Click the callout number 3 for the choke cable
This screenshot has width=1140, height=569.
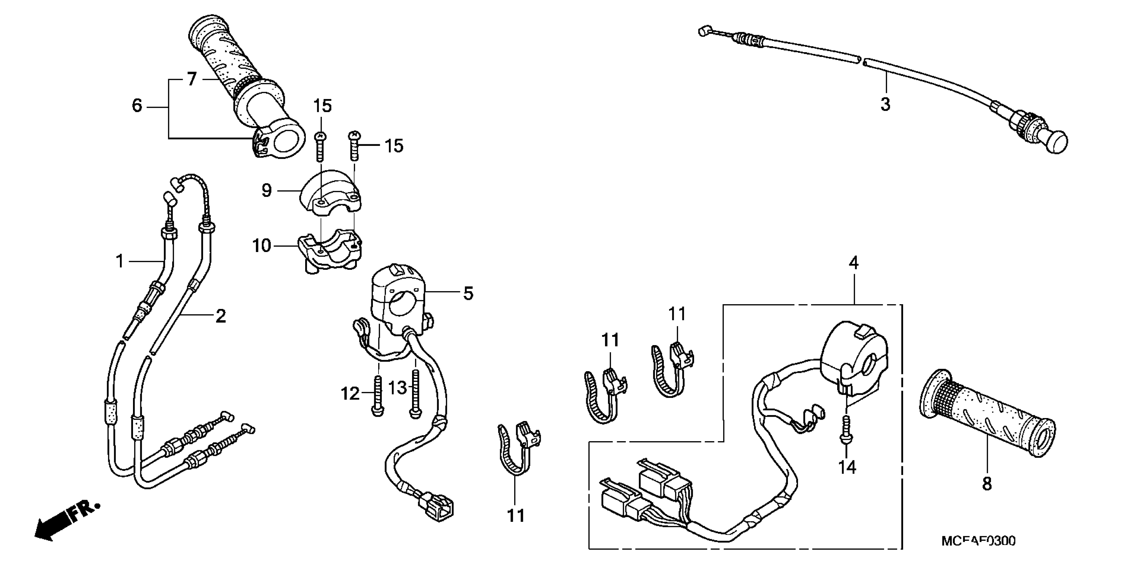(885, 105)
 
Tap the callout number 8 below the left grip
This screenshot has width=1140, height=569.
(987, 484)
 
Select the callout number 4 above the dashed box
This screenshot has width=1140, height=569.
(854, 263)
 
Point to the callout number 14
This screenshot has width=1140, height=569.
(847, 467)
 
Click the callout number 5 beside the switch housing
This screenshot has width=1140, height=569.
(468, 294)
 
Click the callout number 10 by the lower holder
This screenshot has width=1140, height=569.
(262, 246)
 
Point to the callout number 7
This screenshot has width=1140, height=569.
(192, 80)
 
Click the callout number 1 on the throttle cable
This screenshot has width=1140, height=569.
(120, 261)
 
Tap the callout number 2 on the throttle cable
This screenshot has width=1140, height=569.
(220, 316)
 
